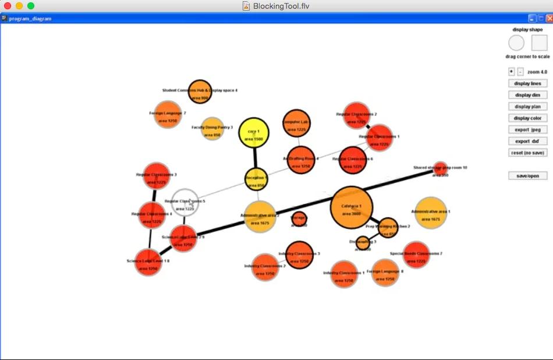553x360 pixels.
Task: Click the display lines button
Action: tap(527, 83)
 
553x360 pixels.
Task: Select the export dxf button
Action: tap(527, 141)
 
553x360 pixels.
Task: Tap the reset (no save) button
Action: tap(527, 153)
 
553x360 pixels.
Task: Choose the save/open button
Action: tap(527, 176)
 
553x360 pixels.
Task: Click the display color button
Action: tap(527, 118)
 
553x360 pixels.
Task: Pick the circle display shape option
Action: tap(516, 43)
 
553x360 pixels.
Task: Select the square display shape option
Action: tap(539, 43)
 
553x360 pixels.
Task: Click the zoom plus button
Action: tap(511, 72)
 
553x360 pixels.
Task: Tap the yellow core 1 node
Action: tap(254, 133)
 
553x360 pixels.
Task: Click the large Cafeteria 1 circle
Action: tap(351, 207)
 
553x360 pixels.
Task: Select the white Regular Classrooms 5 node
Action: tap(185, 203)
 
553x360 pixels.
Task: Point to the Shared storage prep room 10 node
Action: tap(440, 168)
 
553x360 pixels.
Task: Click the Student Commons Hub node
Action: tap(200, 92)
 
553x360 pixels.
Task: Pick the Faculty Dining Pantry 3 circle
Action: tap(212, 129)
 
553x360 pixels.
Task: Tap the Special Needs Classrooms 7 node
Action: tap(416, 255)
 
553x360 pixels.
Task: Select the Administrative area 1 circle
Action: tap(431, 213)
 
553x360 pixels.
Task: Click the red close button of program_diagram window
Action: tap(549, 19)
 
